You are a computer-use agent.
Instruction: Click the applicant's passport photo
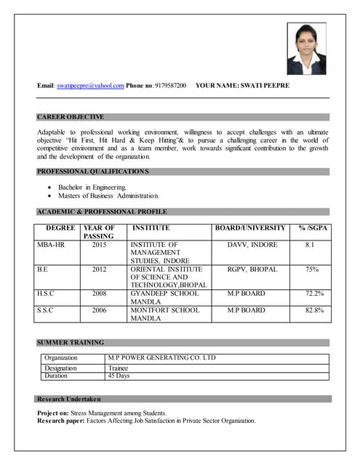click(x=306, y=49)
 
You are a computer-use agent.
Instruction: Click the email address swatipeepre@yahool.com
click(x=90, y=86)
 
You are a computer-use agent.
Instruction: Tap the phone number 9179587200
click(x=170, y=86)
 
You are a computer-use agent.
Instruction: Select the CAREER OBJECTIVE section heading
click(x=71, y=116)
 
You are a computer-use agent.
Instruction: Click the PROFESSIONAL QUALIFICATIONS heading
click(x=92, y=171)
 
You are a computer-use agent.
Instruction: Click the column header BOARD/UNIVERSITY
click(x=250, y=228)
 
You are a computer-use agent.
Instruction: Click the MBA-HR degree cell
click(x=51, y=245)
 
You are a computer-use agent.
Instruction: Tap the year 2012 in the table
click(x=99, y=269)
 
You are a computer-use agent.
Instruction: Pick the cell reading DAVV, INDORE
click(x=252, y=245)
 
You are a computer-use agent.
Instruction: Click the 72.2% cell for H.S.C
click(x=314, y=293)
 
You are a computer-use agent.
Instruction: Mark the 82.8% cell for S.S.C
click(x=314, y=310)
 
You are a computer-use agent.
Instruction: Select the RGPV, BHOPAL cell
click(x=252, y=269)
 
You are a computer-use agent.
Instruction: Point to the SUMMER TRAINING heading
click(x=71, y=342)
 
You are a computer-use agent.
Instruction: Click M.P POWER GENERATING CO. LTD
click(x=161, y=357)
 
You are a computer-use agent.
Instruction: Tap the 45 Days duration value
click(x=119, y=376)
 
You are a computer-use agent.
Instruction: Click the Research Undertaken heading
click(x=71, y=399)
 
